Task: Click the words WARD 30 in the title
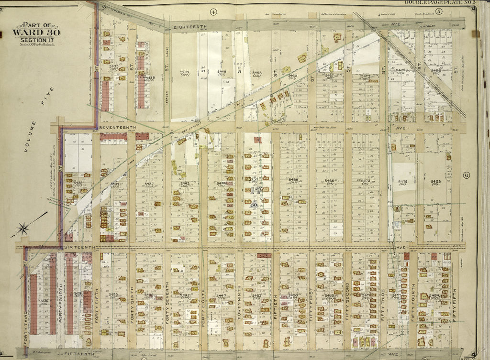click(29, 33)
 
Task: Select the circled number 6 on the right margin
click(467, 175)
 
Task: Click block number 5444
click(185, 72)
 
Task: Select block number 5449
click(222, 72)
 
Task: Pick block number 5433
click(113, 294)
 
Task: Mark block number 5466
click(329, 181)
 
